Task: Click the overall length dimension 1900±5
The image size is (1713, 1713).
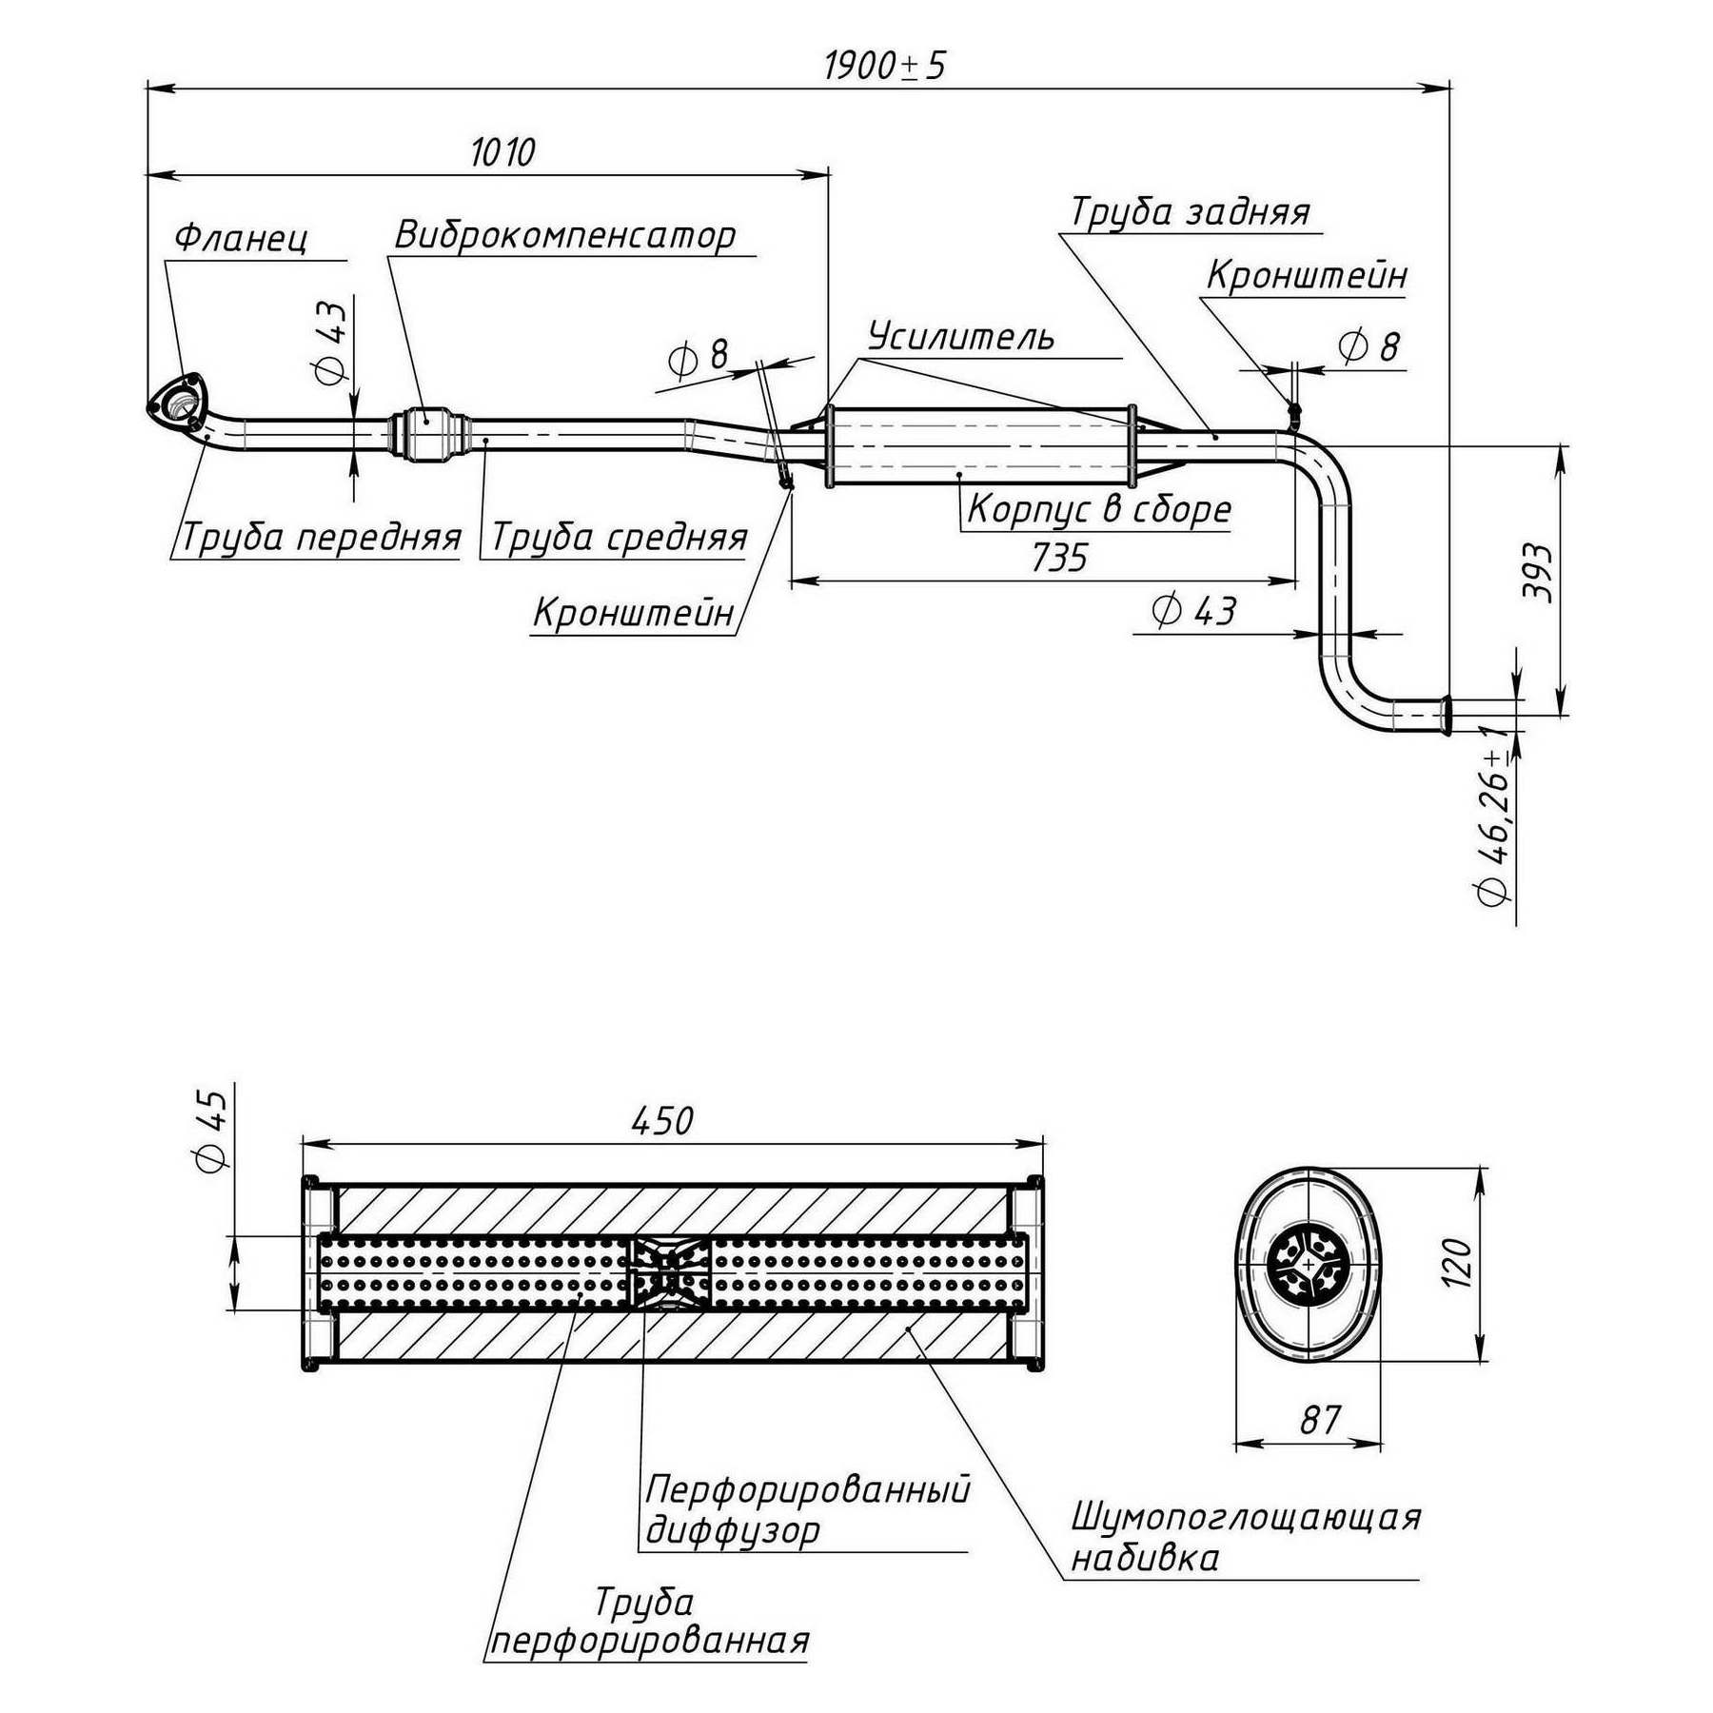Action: click(x=884, y=66)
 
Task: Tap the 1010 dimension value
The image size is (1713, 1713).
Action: click(x=502, y=152)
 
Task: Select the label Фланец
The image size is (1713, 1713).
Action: click(x=242, y=238)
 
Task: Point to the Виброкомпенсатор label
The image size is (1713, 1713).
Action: click(x=565, y=235)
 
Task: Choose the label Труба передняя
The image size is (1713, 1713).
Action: click(x=321, y=538)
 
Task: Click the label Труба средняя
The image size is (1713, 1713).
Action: click(x=619, y=538)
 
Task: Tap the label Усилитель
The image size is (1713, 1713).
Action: click(x=961, y=337)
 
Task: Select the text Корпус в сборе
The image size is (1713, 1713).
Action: click(x=1099, y=510)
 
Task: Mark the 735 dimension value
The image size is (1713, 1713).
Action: click(x=1059, y=558)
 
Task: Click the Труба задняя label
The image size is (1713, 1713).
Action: click(x=1191, y=212)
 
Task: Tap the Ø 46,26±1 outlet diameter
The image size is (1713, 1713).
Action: click(x=1493, y=824)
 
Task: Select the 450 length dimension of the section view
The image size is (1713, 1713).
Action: click(x=662, y=1121)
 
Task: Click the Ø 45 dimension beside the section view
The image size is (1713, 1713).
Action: click(x=210, y=1131)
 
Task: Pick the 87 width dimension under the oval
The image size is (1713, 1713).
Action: click(x=1320, y=1420)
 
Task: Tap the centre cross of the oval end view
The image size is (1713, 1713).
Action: click(x=1309, y=1265)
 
